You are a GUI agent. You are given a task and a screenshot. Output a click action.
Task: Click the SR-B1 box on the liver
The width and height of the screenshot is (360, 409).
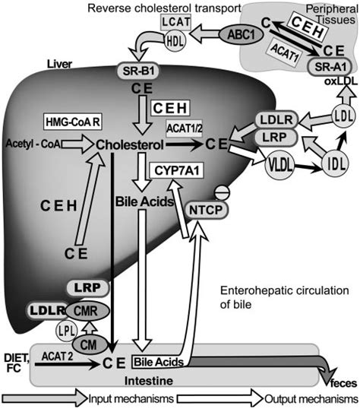click(x=137, y=70)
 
